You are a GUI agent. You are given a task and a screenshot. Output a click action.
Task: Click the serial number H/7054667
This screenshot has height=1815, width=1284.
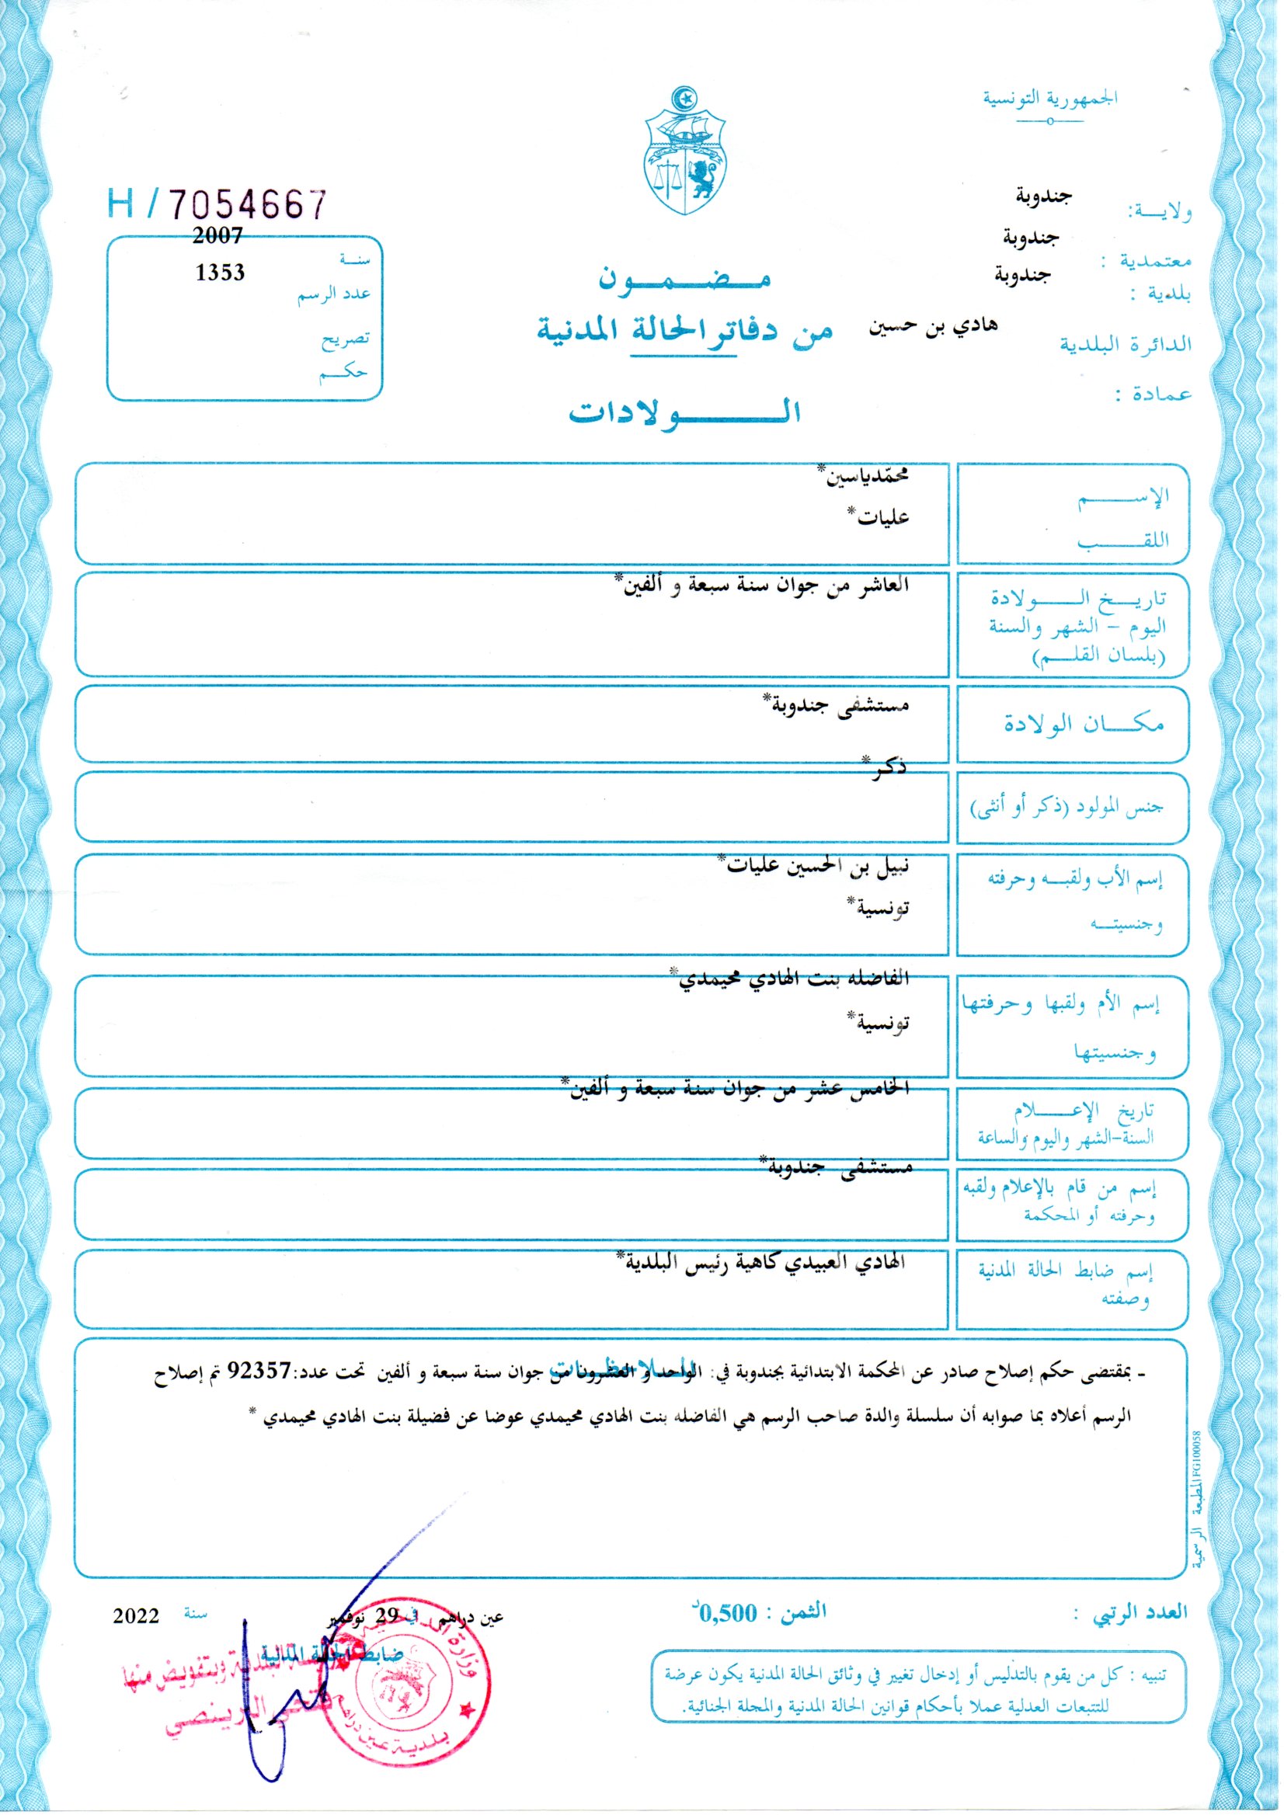[x=217, y=206]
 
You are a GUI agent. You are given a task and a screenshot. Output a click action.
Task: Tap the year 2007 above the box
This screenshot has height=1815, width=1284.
[x=217, y=235]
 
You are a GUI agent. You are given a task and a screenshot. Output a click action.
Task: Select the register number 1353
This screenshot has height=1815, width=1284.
[x=220, y=273]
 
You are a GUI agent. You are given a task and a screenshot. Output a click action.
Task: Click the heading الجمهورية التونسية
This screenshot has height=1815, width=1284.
[x=1050, y=99]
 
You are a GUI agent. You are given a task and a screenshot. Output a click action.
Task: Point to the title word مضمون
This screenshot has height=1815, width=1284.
[x=684, y=278]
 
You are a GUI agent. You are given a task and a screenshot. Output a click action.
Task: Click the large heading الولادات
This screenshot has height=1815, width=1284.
[x=684, y=412]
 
